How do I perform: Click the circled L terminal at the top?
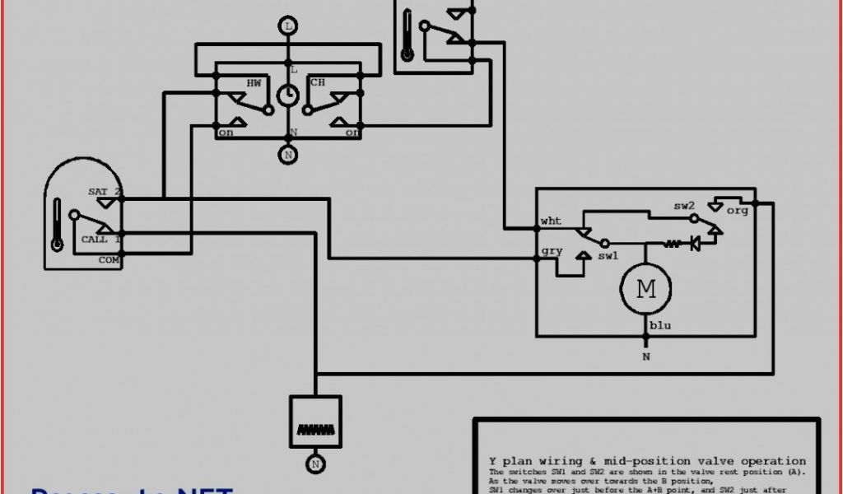pyautogui.click(x=288, y=26)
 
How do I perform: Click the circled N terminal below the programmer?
pyautogui.click(x=288, y=154)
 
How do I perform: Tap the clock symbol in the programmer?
pyautogui.click(x=288, y=96)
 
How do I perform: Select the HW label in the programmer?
pyautogui.click(x=254, y=83)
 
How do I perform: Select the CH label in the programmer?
pyautogui.click(x=317, y=83)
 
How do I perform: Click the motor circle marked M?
pyautogui.click(x=646, y=289)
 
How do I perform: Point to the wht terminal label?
pyautogui.click(x=551, y=221)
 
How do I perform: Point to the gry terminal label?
pyautogui.click(x=551, y=251)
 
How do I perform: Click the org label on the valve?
pyautogui.click(x=738, y=211)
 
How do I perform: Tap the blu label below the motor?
pyautogui.click(x=660, y=326)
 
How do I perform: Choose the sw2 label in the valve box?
pyautogui.click(x=684, y=206)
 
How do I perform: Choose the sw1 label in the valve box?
pyautogui.click(x=608, y=256)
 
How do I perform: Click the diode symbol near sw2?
pyautogui.click(x=695, y=244)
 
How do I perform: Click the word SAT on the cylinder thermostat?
pyautogui.click(x=98, y=192)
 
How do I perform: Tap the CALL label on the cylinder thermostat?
pyautogui.click(x=94, y=240)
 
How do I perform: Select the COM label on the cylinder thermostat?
pyautogui.click(x=109, y=259)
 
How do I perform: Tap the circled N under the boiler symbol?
pyautogui.click(x=314, y=464)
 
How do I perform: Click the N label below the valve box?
pyautogui.click(x=646, y=357)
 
